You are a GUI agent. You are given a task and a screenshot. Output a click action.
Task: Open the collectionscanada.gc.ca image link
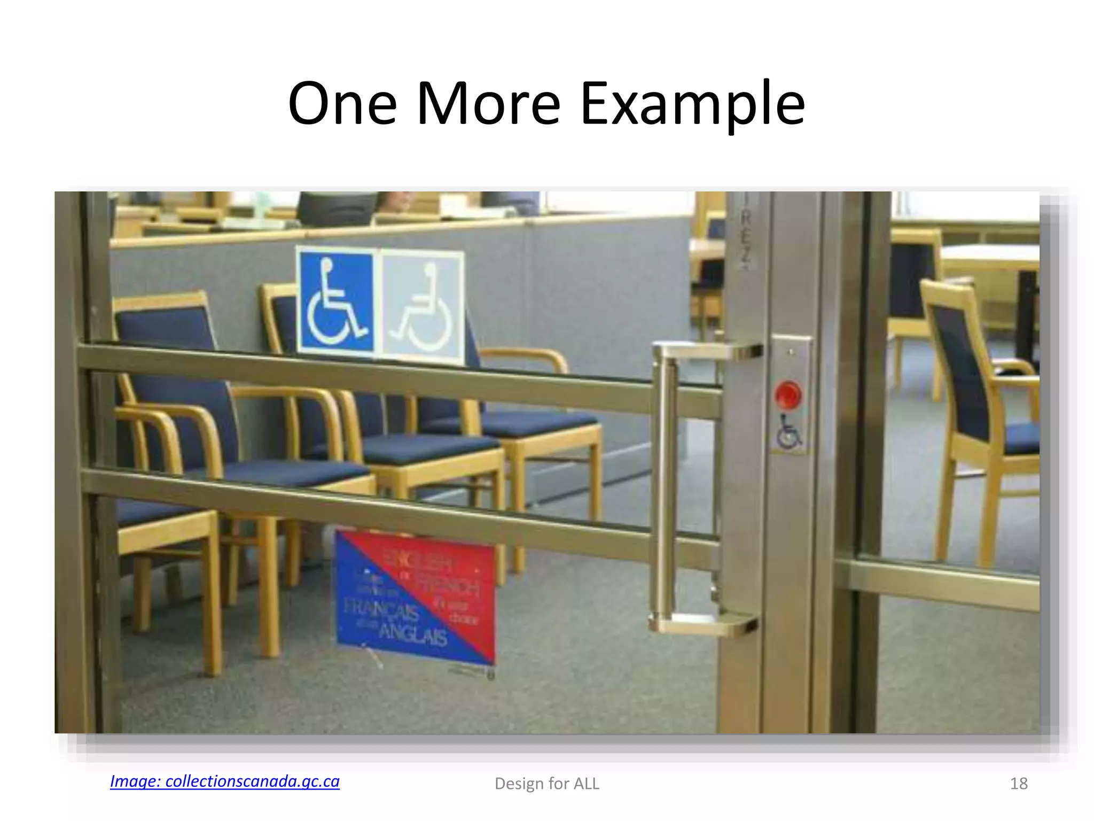click(x=224, y=781)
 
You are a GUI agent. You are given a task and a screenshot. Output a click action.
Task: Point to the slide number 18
click(x=1018, y=784)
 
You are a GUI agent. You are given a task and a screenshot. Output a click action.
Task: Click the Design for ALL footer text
click(x=546, y=784)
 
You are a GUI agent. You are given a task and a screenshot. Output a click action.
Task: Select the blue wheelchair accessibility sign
click(x=336, y=302)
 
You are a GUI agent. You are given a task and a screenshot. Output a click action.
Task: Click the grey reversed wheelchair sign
click(x=422, y=307)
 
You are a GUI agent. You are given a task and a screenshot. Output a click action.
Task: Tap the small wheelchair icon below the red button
click(x=789, y=432)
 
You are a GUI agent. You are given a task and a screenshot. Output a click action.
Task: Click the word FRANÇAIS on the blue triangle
click(x=380, y=609)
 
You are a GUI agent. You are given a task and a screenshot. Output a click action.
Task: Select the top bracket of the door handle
click(x=705, y=351)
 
